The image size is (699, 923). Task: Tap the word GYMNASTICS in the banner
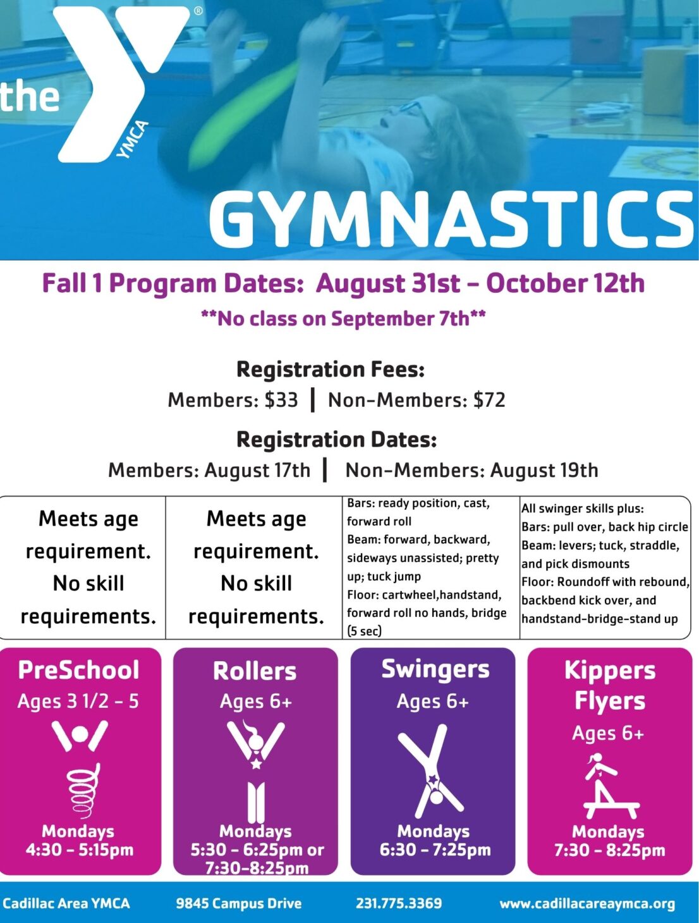tap(451, 221)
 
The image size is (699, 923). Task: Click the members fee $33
tap(281, 399)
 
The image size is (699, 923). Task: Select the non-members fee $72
tap(489, 399)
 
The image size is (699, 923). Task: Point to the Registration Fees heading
tap(331, 369)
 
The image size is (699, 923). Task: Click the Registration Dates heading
tap(336, 440)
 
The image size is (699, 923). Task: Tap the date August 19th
tap(544, 469)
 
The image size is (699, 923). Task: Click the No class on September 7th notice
tap(343, 318)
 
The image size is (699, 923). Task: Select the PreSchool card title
tap(78, 671)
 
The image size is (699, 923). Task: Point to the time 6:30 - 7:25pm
tap(435, 850)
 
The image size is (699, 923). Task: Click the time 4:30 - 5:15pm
tap(80, 850)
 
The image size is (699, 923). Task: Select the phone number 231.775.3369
tap(399, 903)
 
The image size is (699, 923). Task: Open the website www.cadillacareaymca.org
tap(587, 903)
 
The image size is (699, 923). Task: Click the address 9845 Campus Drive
tap(239, 903)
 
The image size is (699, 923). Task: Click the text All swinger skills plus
tap(582, 509)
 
